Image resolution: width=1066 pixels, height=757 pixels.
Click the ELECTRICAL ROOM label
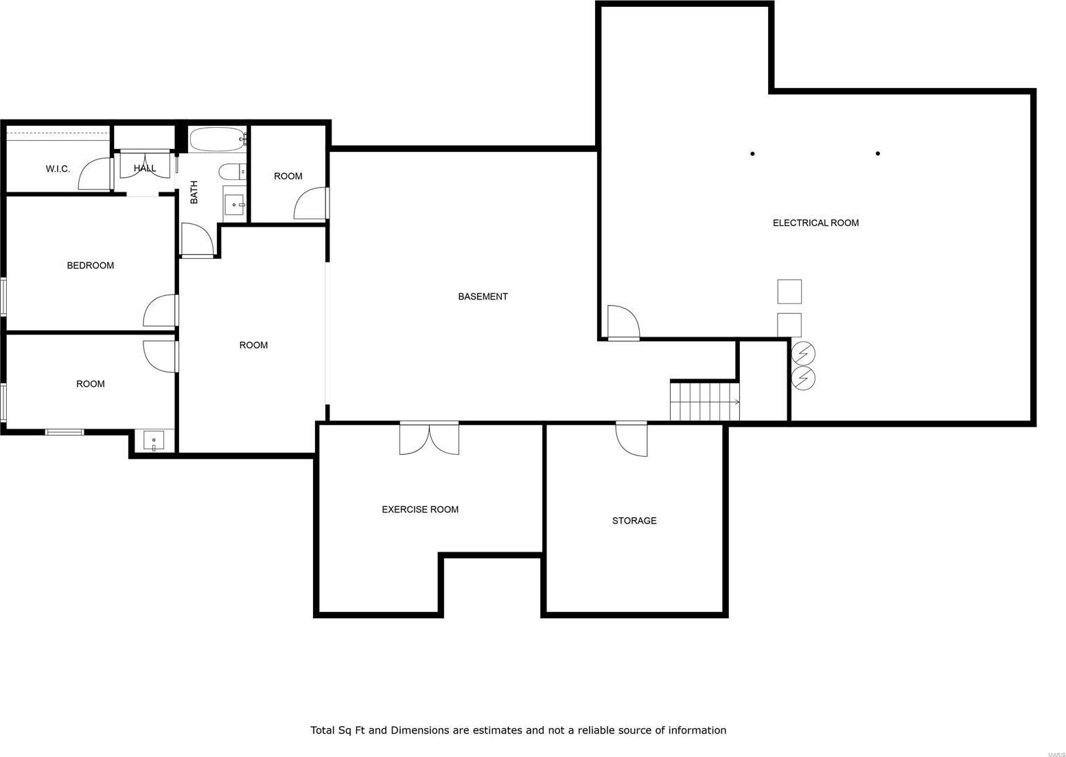(x=815, y=223)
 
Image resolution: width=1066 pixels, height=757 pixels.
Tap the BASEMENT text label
(x=483, y=296)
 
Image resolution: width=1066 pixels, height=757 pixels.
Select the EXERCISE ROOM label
(x=419, y=509)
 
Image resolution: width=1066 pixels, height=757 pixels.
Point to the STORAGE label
(x=634, y=521)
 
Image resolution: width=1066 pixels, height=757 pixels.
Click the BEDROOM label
(x=91, y=265)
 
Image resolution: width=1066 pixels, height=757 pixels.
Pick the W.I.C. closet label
(x=58, y=169)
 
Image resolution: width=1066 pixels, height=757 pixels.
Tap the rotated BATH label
(x=194, y=192)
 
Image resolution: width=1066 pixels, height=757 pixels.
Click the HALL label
(x=145, y=168)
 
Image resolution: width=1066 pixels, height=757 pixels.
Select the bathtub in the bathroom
(x=218, y=139)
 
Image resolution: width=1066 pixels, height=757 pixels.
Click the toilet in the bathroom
(x=232, y=172)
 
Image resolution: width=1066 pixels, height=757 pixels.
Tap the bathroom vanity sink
(x=234, y=205)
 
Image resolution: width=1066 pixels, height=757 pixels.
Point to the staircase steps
(x=705, y=401)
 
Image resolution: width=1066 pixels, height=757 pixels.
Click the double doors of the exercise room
(x=429, y=438)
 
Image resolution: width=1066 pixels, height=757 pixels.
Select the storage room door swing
(x=632, y=439)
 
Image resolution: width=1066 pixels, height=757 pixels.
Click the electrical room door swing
(x=623, y=323)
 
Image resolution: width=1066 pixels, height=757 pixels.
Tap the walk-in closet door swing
(x=95, y=174)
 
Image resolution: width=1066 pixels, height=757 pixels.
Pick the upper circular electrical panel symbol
(x=803, y=354)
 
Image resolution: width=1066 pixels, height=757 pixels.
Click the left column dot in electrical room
(x=752, y=153)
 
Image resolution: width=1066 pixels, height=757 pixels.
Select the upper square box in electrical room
(x=789, y=291)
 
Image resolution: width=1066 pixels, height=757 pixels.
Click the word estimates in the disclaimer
(x=494, y=730)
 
